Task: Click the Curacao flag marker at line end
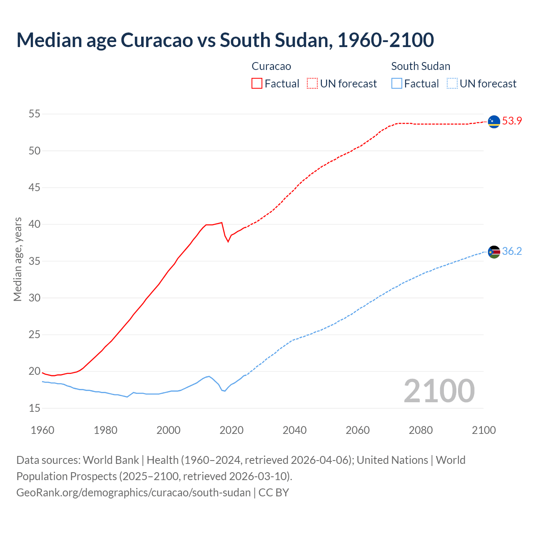[494, 122]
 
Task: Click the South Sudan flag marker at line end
[494, 252]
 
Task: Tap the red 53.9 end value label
[512, 121]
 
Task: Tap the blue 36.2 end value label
[512, 252]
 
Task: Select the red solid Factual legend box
[257, 83]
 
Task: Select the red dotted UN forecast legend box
[312, 83]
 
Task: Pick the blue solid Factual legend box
[397, 83]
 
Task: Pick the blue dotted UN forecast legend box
[452, 83]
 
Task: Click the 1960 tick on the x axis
[42, 430]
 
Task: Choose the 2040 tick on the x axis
[294, 430]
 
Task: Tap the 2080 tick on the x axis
[421, 430]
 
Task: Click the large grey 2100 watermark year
[439, 391]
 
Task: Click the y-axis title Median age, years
[17, 259]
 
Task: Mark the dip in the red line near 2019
[228, 242]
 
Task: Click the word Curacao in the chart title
[157, 40]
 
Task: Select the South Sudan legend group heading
[421, 66]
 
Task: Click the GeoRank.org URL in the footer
[133, 492]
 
